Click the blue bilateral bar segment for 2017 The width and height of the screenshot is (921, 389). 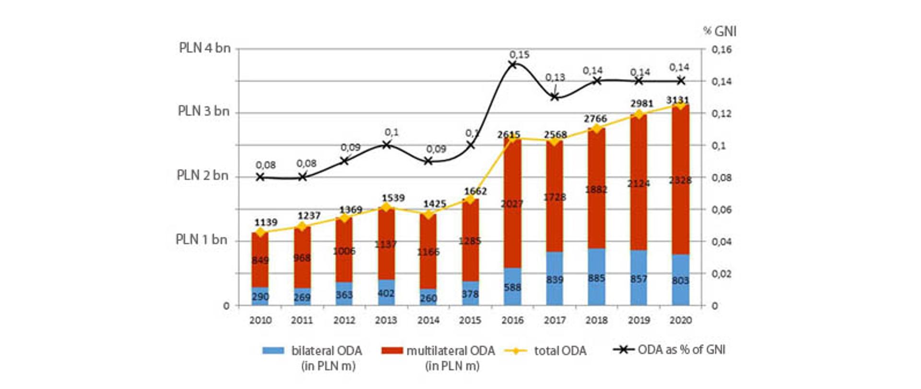pyautogui.click(x=555, y=279)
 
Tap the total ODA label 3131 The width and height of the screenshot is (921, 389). pyautogui.click(x=677, y=100)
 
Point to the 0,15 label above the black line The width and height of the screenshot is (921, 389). pyautogui.click(x=519, y=55)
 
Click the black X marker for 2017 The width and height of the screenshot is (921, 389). pyautogui.click(x=555, y=97)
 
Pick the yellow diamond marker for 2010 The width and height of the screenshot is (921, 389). pyautogui.click(x=260, y=232)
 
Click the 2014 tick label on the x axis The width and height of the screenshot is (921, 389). pyautogui.click(x=428, y=320)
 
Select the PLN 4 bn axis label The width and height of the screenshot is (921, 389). pyautogui.click(x=205, y=48)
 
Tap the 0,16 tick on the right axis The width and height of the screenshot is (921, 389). pyautogui.click(x=721, y=49)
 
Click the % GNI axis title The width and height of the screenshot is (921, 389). pyautogui.click(x=720, y=32)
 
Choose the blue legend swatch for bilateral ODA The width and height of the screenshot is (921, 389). pyautogui.click(x=273, y=351)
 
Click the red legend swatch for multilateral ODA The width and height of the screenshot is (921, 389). pyautogui.click(x=392, y=351)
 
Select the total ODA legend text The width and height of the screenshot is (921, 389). pyautogui.click(x=560, y=351)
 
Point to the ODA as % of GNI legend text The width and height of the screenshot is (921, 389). pyautogui.click(x=681, y=350)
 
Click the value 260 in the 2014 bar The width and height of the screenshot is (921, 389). pyautogui.click(x=428, y=298)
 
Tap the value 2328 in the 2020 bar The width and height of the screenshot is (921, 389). pyautogui.click(x=680, y=180)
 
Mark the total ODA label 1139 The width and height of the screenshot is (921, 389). pyautogui.click(x=266, y=222)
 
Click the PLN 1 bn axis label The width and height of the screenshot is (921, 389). pyautogui.click(x=201, y=239)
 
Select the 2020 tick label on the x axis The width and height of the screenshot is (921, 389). pyautogui.click(x=680, y=320)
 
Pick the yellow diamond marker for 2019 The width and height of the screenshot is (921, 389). pyautogui.click(x=638, y=114)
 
